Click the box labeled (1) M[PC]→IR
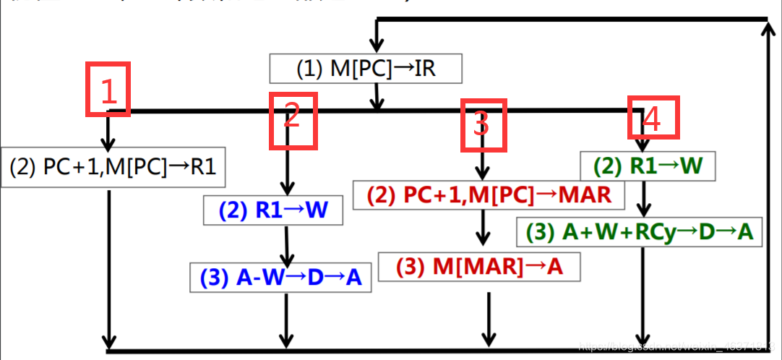click(x=365, y=69)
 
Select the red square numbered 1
click(x=108, y=90)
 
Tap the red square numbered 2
click(x=292, y=121)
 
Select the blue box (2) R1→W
click(x=272, y=210)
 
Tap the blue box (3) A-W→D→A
click(x=281, y=278)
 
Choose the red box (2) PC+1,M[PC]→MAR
click(x=489, y=194)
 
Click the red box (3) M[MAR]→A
click(x=479, y=267)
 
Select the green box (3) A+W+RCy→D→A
click(x=640, y=232)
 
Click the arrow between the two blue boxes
click(x=288, y=246)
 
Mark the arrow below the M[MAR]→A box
click(x=489, y=318)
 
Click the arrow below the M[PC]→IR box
click(x=376, y=97)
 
